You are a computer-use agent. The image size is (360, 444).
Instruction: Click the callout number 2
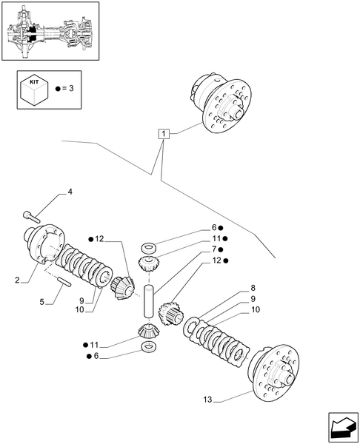tap(16, 280)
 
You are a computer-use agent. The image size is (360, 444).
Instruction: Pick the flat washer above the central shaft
tap(147, 246)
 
